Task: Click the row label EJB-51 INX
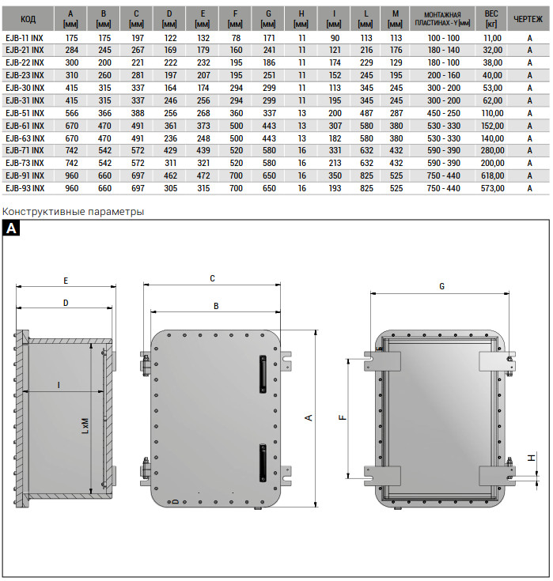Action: pyautogui.click(x=25, y=113)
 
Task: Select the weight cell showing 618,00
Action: pyautogui.click(x=493, y=175)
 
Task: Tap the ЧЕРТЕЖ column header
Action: pyautogui.click(x=528, y=19)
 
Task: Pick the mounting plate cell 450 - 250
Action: pyautogui.click(x=444, y=113)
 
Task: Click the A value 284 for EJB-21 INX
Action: pyautogui.click(x=71, y=50)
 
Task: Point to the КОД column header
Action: pyautogui.click(x=28, y=19)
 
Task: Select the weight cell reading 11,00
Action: pyautogui.click(x=493, y=38)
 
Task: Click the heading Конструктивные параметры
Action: pyautogui.click(x=73, y=212)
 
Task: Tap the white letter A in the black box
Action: pyautogui.click(x=11, y=228)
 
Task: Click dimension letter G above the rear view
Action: pyautogui.click(x=441, y=286)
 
